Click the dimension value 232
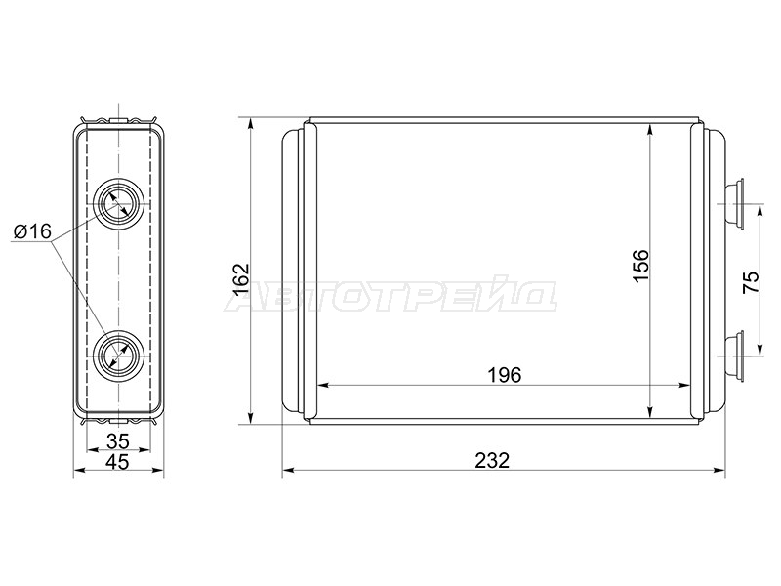492,460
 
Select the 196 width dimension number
504,375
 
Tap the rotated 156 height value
641,266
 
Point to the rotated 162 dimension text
240,279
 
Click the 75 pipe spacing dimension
751,282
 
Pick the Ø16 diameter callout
33,231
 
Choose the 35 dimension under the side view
118,441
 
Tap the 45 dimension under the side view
118,461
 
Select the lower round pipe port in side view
119,356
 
